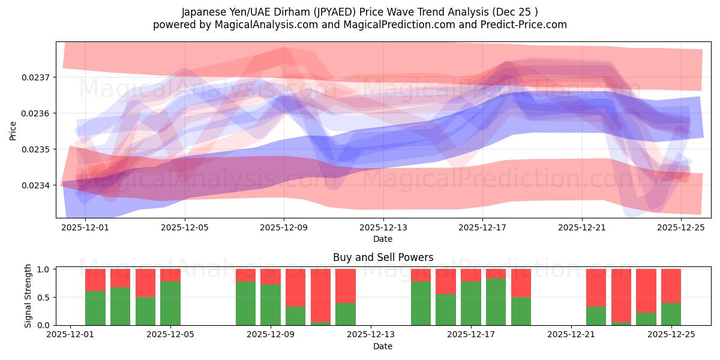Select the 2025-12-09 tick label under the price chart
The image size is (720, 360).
[284, 228]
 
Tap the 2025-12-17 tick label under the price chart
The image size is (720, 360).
[482, 228]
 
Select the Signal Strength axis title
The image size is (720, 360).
[28, 296]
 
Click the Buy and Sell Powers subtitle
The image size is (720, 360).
[383, 258]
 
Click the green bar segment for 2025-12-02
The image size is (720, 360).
[95, 308]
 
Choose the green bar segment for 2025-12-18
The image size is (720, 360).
[496, 302]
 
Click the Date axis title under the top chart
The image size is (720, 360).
[383, 239]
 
